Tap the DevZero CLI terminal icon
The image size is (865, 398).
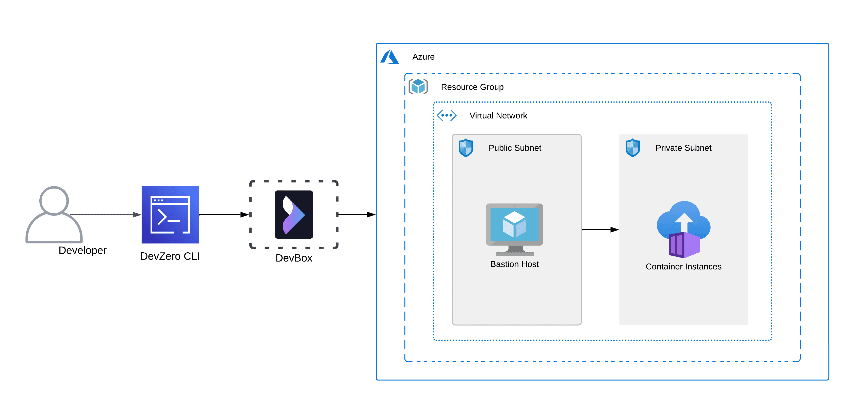click(x=170, y=215)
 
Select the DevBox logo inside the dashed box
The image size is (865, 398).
click(x=294, y=215)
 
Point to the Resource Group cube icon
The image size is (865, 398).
click(x=418, y=87)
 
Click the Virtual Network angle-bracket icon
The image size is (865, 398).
click(x=447, y=115)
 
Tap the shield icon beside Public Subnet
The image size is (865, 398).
click(x=466, y=148)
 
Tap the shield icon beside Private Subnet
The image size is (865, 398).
click(x=633, y=148)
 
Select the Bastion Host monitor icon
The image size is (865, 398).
click(x=514, y=228)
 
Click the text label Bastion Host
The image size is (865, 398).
click(x=514, y=264)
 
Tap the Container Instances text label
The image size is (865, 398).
click(x=683, y=267)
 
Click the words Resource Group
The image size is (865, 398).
click(x=472, y=87)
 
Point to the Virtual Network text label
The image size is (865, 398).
click(x=498, y=116)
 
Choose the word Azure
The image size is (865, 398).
click(x=423, y=57)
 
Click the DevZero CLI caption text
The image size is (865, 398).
click(x=170, y=256)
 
